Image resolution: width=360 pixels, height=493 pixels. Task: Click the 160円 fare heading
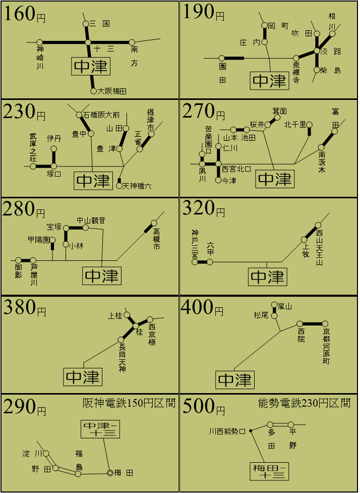pyautogui.click(x=25, y=15)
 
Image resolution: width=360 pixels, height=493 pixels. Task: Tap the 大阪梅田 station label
pyautogui.click(x=112, y=91)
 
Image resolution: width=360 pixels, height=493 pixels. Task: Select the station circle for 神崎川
pyautogui.click(x=40, y=42)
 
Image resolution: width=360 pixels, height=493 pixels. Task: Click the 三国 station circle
pyautogui.click(x=86, y=24)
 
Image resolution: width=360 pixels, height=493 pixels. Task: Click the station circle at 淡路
pyautogui.click(x=317, y=50)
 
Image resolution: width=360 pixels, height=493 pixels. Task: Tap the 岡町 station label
pyautogui.click(x=278, y=26)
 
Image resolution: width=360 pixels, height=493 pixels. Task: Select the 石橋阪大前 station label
pyautogui.click(x=101, y=115)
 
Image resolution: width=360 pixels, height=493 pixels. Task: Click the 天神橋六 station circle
pyautogui.click(x=119, y=186)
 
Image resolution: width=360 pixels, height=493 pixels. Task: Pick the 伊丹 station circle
pyautogui.click(x=54, y=148)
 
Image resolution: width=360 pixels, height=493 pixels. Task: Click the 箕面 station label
pyautogui.click(x=280, y=111)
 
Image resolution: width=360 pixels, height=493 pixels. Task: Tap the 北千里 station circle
pyautogui.click(x=310, y=125)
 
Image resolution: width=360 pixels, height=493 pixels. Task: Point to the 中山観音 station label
pyautogui.click(x=91, y=221)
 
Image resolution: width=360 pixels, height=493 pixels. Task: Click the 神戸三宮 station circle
pyautogui.click(x=195, y=262)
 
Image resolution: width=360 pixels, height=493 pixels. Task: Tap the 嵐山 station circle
pyautogui.click(x=274, y=305)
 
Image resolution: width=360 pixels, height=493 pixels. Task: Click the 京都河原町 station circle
pyautogui.click(x=325, y=323)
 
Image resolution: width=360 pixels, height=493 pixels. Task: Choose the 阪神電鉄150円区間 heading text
pyautogui.click(x=129, y=403)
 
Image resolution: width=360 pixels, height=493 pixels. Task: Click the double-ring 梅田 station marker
pyautogui.click(x=110, y=472)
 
